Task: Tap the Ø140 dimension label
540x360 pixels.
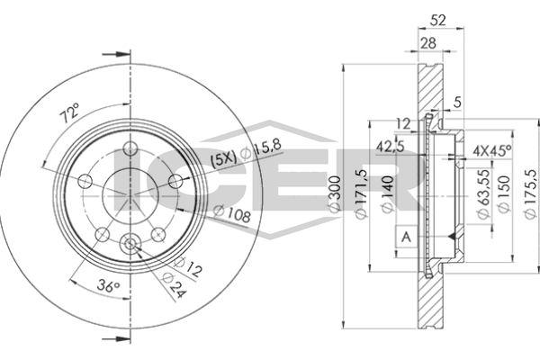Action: point(385,193)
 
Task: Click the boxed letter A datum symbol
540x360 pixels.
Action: point(406,237)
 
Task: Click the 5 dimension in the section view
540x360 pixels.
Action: point(457,101)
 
